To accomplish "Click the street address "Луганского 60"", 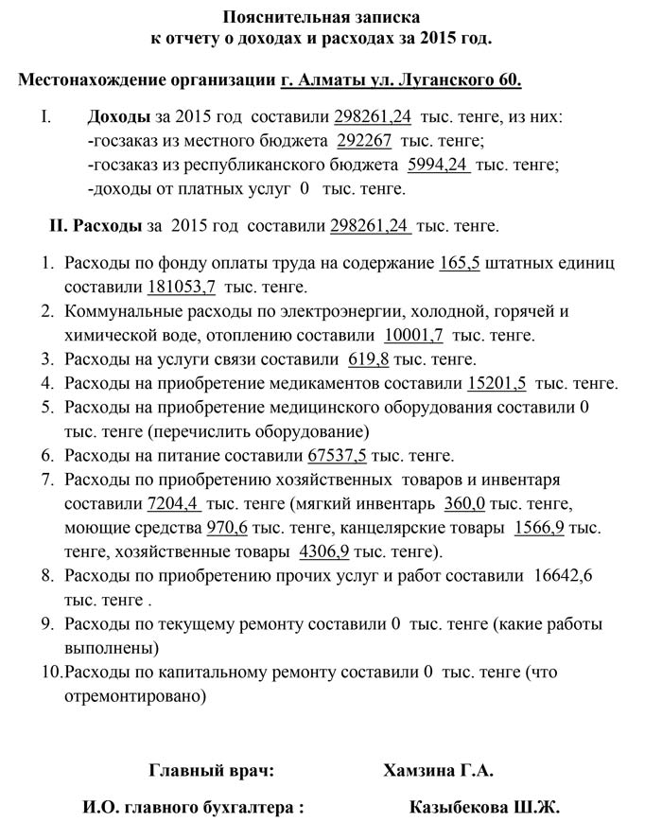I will point(466,80).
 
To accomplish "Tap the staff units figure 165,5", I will point(460,262).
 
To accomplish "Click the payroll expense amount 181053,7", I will point(182,286).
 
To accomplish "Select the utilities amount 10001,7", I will point(413,335).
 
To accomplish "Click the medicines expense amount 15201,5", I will point(498,384).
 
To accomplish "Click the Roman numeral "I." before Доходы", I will point(44,117).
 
